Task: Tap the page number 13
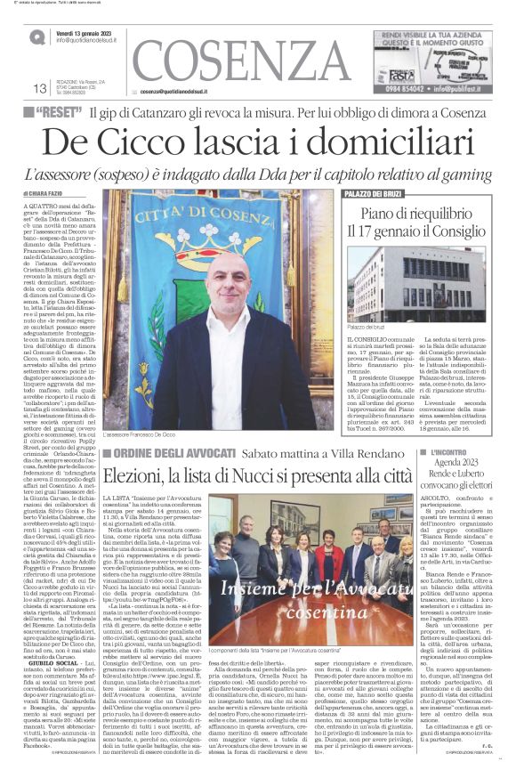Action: click(39, 88)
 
